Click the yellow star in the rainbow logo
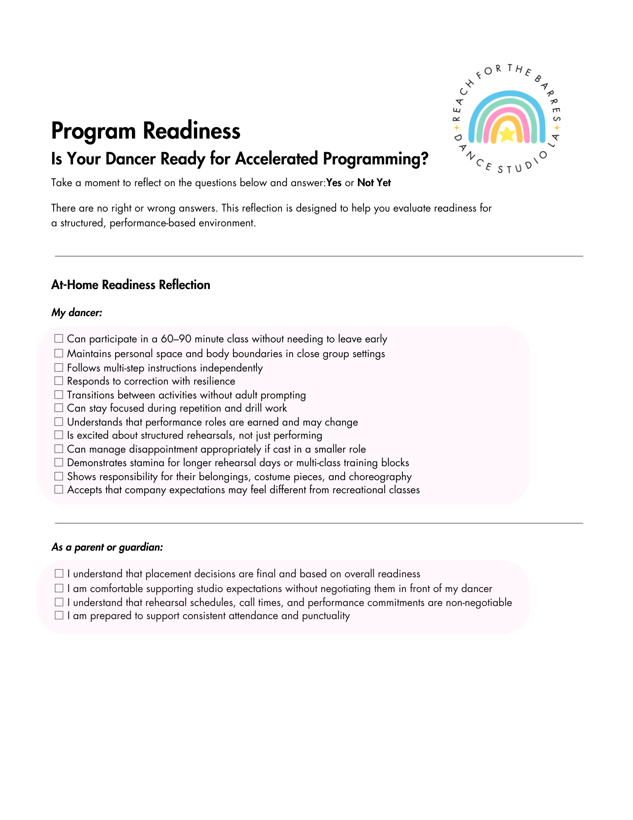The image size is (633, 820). pyautogui.click(x=507, y=134)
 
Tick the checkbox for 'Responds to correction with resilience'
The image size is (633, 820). pyautogui.click(x=59, y=381)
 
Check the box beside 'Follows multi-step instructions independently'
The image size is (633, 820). pyautogui.click(x=59, y=367)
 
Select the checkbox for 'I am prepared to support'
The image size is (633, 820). pyautogui.click(x=59, y=615)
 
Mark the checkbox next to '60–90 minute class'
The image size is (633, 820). pyautogui.click(x=59, y=339)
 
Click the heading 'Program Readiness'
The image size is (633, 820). pyautogui.click(x=145, y=131)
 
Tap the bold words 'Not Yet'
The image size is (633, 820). pyautogui.click(x=374, y=183)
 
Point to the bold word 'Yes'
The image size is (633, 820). pyautogui.click(x=334, y=183)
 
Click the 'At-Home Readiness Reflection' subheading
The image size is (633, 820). pyautogui.click(x=131, y=285)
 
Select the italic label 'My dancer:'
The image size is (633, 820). pyautogui.click(x=77, y=313)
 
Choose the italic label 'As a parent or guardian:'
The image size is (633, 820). pyautogui.click(x=107, y=547)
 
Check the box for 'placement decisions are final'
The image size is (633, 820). pyautogui.click(x=59, y=573)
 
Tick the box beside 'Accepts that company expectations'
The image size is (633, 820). pyautogui.click(x=59, y=490)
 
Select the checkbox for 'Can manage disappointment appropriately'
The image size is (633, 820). pyautogui.click(x=59, y=449)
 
